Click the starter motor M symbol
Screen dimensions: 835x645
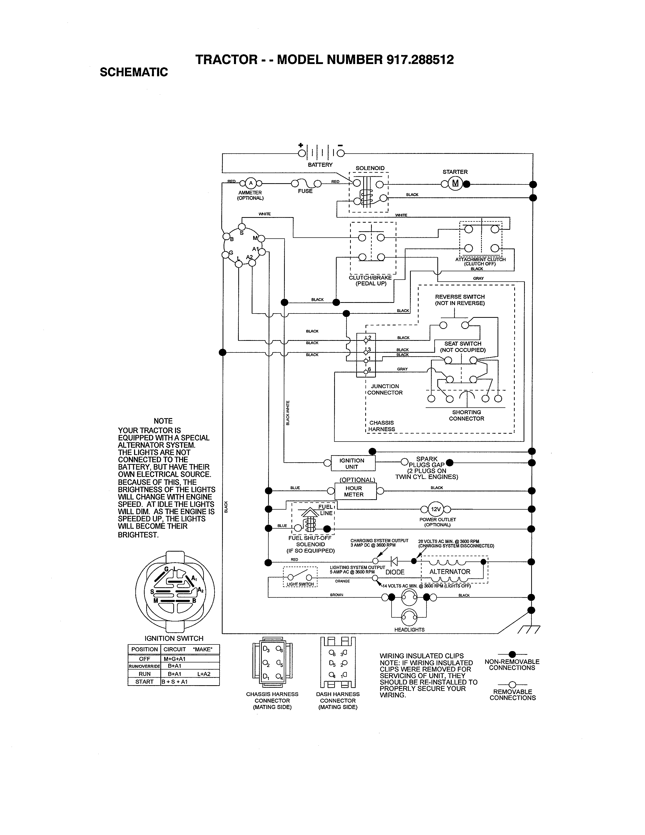(x=455, y=183)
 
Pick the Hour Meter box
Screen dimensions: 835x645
(x=354, y=491)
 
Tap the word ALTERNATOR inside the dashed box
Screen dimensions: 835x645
(x=450, y=572)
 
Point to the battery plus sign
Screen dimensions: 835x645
(x=301, y=145)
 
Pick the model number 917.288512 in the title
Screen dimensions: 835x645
(x=420, y=60)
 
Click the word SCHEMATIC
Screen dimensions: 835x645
(x=134, y=72)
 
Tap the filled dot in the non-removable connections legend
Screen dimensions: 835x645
(x=512, y=654)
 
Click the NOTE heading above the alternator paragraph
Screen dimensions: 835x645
(x=163, y=421)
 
